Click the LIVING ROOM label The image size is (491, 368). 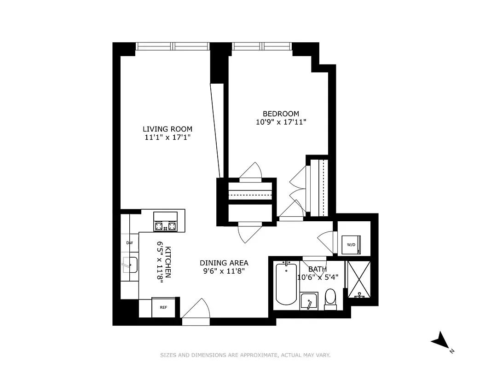(167, 129)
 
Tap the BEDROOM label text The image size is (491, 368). (281, 114)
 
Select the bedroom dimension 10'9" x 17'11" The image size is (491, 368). (281, 122)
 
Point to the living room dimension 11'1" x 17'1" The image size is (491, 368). (167, 137)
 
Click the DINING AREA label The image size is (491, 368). (224, 263)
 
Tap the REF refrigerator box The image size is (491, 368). (163, 308)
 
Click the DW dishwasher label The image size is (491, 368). (129, 242)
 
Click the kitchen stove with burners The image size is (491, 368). (166, 222)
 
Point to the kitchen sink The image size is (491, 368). (129, 265)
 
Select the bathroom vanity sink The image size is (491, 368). (309, 301)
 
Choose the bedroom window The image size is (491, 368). (261, 46)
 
